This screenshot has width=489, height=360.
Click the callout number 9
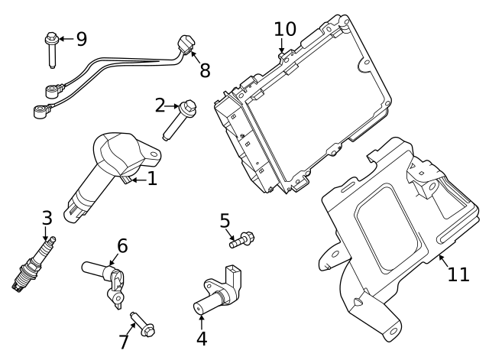point(82,37)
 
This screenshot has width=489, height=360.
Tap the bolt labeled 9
point(52,47)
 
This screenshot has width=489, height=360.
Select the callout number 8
point(204,70)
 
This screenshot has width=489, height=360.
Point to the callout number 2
point(160,105)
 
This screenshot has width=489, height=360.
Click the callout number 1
point(151,179)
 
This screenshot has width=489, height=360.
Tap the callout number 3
point(47,219)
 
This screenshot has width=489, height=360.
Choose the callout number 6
point(122,246)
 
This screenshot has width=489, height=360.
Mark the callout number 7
point(124,342)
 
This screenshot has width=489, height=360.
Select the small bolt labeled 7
point(143,324)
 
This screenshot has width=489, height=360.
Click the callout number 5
point(225,221)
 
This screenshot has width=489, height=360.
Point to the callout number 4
point(202,338)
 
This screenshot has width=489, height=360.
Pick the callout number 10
point(285,29)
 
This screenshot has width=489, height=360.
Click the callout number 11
point(458,274)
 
